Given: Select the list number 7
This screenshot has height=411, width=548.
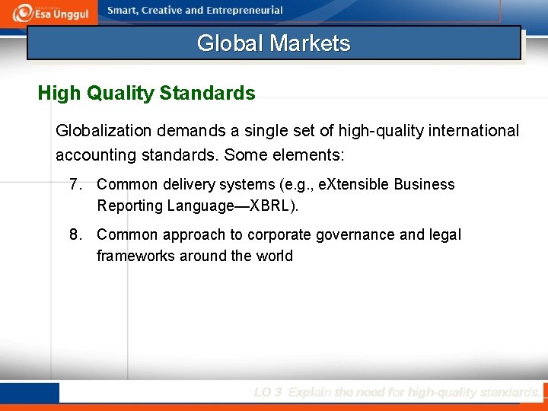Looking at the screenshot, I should click(x=75, y=184).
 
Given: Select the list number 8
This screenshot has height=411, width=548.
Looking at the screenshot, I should click(x=75, y=234).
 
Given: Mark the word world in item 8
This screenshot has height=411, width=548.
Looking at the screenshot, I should click(x=274, y=256).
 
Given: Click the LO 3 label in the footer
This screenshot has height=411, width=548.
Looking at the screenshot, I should click(x=268, y=393).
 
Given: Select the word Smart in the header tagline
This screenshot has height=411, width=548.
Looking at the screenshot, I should click(x=124, y=11).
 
